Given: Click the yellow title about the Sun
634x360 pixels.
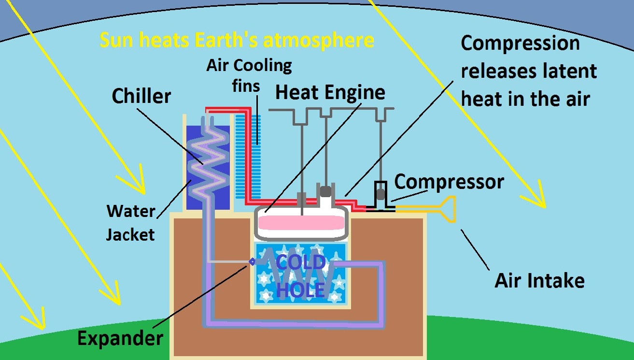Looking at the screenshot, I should coord(237,41).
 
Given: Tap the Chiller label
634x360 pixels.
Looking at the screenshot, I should coord(141,96).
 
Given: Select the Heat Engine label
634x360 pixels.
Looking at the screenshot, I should coord(330,92).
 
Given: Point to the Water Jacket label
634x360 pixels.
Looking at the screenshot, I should coord(130,223).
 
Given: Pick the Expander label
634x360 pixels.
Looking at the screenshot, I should coord(120,338).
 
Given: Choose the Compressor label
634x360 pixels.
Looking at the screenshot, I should coord(449,182).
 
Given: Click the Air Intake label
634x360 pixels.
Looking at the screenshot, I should coord(539,280).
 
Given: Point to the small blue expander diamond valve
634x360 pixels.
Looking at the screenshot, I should coord(252,261).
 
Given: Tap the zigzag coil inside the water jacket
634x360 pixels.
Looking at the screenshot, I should coord(208,159).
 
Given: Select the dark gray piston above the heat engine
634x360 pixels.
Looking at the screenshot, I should coord(325,191).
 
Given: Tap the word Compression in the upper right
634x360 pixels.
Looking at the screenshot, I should coord(520,43).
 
